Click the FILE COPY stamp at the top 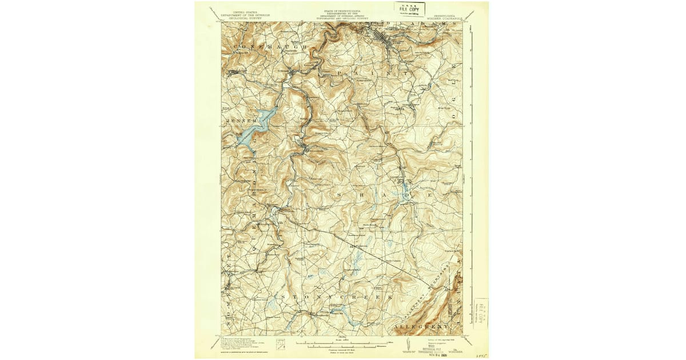pos(409,9)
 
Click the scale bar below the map pos(343,343)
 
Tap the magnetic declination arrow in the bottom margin pos(406,343)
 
